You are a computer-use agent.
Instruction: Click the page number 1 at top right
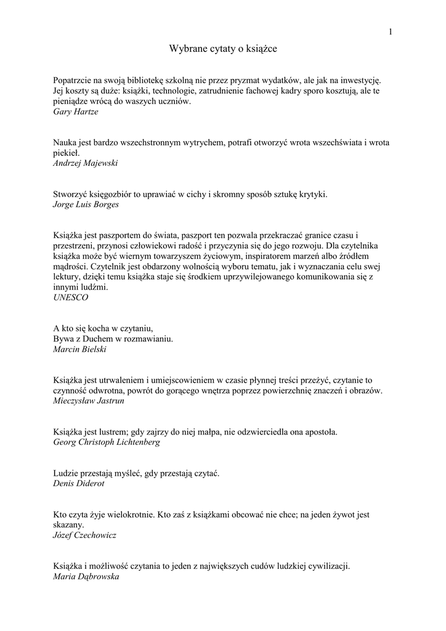pyautogui.click(x=391, y=32)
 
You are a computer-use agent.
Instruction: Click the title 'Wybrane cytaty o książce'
pyautogui.click(x=222, y=47)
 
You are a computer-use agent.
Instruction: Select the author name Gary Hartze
pyautogui.click(x=76, y=112)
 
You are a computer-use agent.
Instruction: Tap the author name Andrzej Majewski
pyautogui.click(x=86, y=163)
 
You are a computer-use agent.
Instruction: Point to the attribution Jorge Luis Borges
pyautogui.click(x=86, y=205)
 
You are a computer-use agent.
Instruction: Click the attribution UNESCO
pyautogui.click(x=71, y=297)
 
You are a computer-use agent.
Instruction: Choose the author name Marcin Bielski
pyautogui.click(x=80, y=349)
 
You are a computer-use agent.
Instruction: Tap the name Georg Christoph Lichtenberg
pyautogui.click(x=107, y=442)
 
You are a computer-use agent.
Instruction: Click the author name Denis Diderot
pyautogui.click(x=79, y=484)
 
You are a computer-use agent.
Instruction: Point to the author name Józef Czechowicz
pyautogui.click(x=85, y=535)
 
